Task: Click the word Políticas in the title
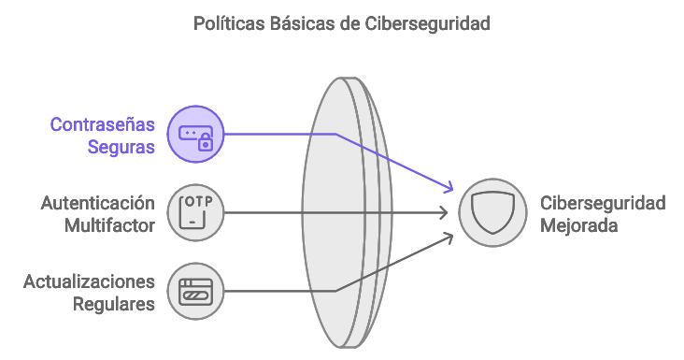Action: coord(229,23)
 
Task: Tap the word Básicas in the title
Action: coord(302,23)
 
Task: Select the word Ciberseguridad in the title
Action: coord(428,24)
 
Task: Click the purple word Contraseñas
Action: coord(103,124)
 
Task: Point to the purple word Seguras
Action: coord(121,147)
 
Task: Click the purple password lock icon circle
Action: coord(196,134)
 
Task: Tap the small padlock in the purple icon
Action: coord(206,142)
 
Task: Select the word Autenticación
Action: coord(98,203)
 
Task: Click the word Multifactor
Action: coord(109,225)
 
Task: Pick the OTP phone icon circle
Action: coord(196,212)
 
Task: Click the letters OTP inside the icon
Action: coord(199,202)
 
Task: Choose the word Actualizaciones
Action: coord(89,281)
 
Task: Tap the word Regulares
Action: coord(114,304)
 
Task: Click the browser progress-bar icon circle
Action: coord(196,291)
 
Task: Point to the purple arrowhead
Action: coord(449,188)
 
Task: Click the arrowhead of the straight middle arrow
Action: coord(444,212)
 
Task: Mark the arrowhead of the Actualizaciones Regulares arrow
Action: coord(449,238)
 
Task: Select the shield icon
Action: coord(493,212)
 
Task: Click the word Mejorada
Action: coord(578,226)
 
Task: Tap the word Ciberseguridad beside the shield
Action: coord(603,203)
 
